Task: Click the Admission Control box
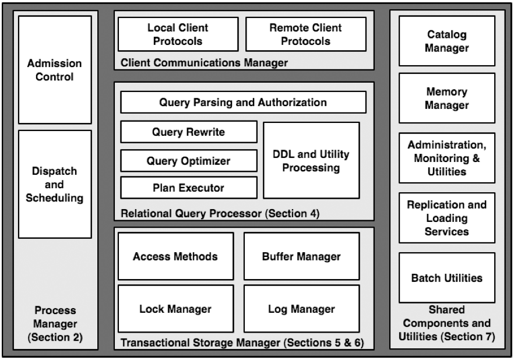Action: point(55,70)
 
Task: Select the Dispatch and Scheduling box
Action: point(55,184)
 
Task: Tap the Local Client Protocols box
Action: point(178,34)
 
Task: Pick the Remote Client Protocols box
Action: point(306,34)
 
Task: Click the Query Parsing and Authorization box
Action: point(243,102)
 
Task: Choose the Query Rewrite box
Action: point(189,132)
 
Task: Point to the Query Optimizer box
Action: point(189,161)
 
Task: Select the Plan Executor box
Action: point(189,188)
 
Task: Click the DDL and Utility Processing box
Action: point(311,161)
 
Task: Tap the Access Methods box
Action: point(176,256)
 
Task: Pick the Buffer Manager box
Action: point(302,256)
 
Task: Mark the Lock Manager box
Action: point(176,309)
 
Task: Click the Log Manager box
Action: point(302,309)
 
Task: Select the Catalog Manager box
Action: point(447,41)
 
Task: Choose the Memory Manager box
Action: point(447,98)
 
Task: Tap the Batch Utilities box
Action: point(447,278)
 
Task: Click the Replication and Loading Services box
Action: point(447,218)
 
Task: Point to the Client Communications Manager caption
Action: point(204,62)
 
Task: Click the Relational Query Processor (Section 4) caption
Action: point(220,214)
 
